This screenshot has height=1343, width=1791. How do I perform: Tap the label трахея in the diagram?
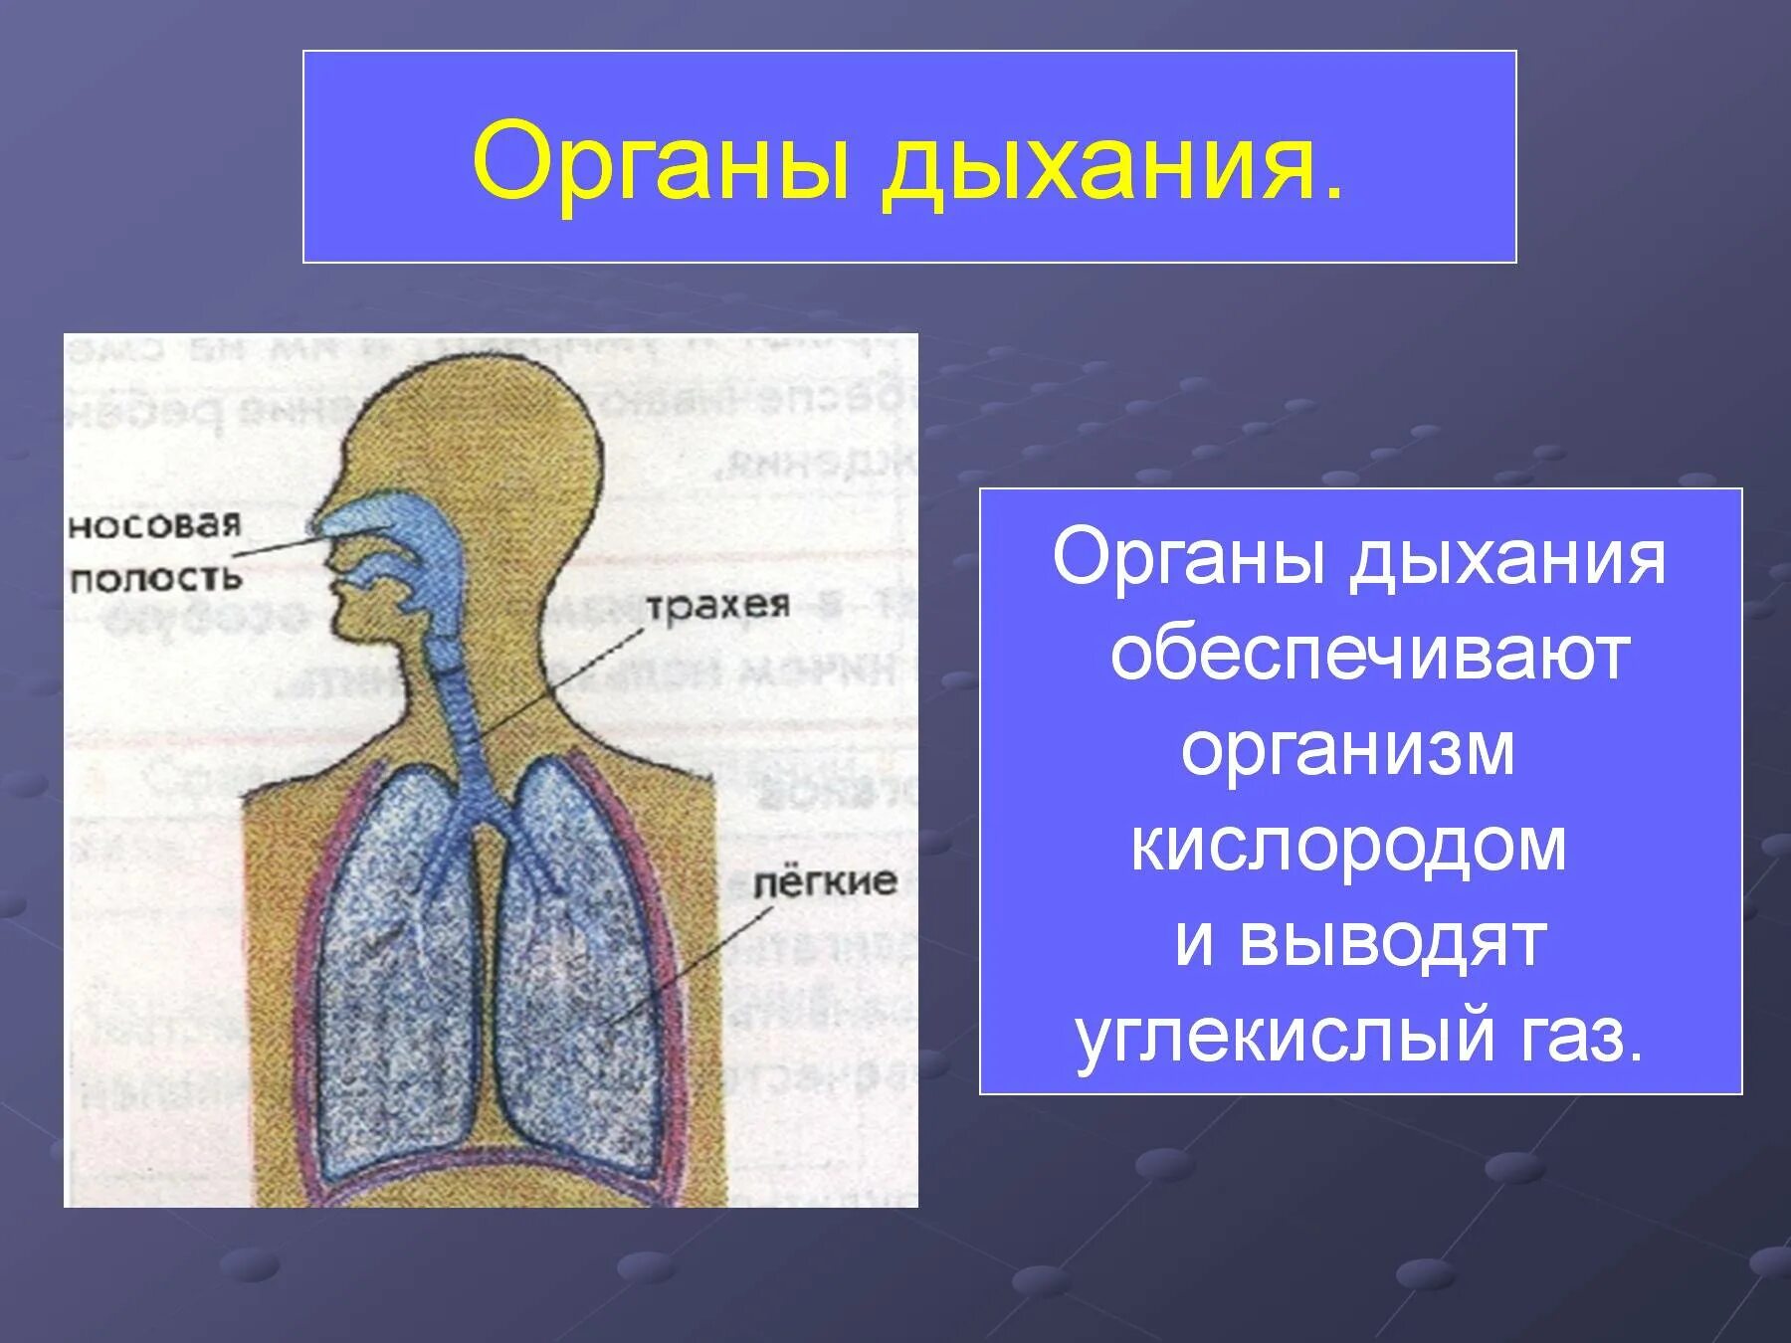717,605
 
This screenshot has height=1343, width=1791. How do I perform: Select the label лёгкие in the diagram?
824,882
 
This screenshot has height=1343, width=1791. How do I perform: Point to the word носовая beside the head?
154,524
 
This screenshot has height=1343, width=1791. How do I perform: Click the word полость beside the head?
155,578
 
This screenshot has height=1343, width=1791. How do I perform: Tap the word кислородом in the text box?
1348,845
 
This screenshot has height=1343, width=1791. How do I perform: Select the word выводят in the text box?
1392,940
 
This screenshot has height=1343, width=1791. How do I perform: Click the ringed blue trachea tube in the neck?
463,716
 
